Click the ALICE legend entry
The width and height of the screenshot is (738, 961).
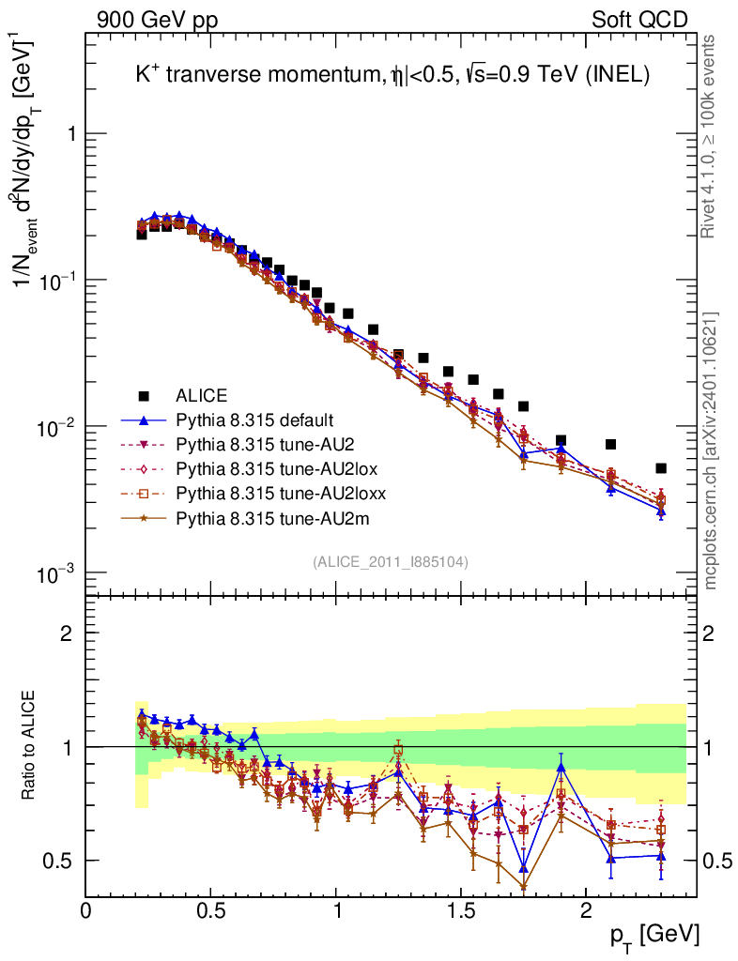(x=203, y=395)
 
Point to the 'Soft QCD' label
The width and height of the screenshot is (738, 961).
(x=638, y=20)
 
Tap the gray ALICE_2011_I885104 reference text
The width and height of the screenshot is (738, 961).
(x=391, y=562)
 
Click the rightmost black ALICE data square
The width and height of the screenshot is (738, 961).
(x=661, y=467)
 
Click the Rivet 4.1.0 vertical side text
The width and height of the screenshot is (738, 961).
(x=711, y=136)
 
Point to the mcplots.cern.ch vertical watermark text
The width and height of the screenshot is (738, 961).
(x=711, y=450)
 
